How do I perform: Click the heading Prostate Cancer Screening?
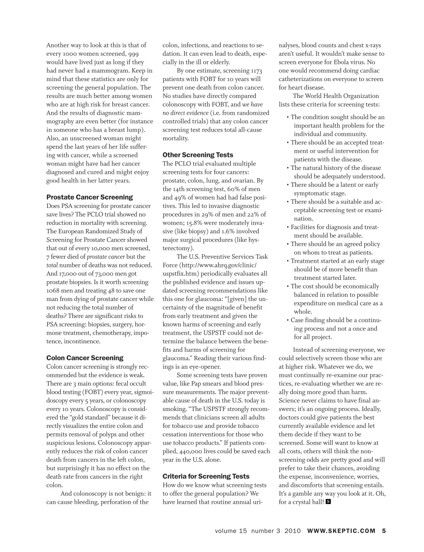tap(90, 197)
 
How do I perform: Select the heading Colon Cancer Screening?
tap(85, 358)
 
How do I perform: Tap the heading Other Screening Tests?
tap(198, 155)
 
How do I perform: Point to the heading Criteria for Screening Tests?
tap(206, 476)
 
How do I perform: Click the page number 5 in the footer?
tap(384, 531)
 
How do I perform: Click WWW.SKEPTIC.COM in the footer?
tap(341, 531)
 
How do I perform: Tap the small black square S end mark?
tap(328, 502)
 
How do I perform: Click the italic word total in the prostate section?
tap(52, 265)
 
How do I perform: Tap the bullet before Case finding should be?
tap(288, 320)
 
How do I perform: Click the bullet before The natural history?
tap(288, 168)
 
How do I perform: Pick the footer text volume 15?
tap(231, 531)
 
